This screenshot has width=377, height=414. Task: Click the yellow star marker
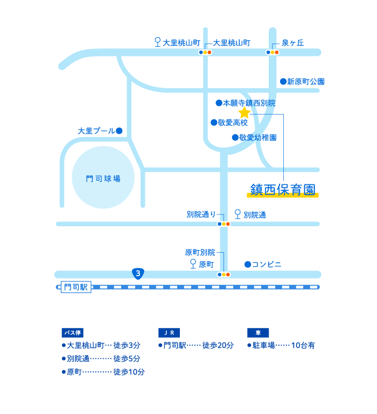(244, 112)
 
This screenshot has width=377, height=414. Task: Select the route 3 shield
(138, 274)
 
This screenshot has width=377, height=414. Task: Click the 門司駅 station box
(76, 287)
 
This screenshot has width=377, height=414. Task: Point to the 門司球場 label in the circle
(103, 179)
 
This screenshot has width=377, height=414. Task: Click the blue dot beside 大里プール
(119, 131)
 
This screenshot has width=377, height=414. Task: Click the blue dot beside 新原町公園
(283, 82)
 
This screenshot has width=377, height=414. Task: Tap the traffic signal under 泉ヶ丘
(272, 53)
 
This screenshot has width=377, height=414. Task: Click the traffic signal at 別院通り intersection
(224, 224)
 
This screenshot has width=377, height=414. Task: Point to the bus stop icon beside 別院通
(238, 215)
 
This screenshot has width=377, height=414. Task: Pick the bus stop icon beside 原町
(193, 264)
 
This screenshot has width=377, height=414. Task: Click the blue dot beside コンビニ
(247, 264)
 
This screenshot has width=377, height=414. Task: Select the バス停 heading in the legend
(72, 332)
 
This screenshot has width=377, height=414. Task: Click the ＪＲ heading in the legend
(169, 332)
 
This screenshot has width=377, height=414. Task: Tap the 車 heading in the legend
(258, 332)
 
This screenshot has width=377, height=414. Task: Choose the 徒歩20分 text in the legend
(218, 345)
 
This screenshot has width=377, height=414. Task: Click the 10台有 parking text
(303, 345)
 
